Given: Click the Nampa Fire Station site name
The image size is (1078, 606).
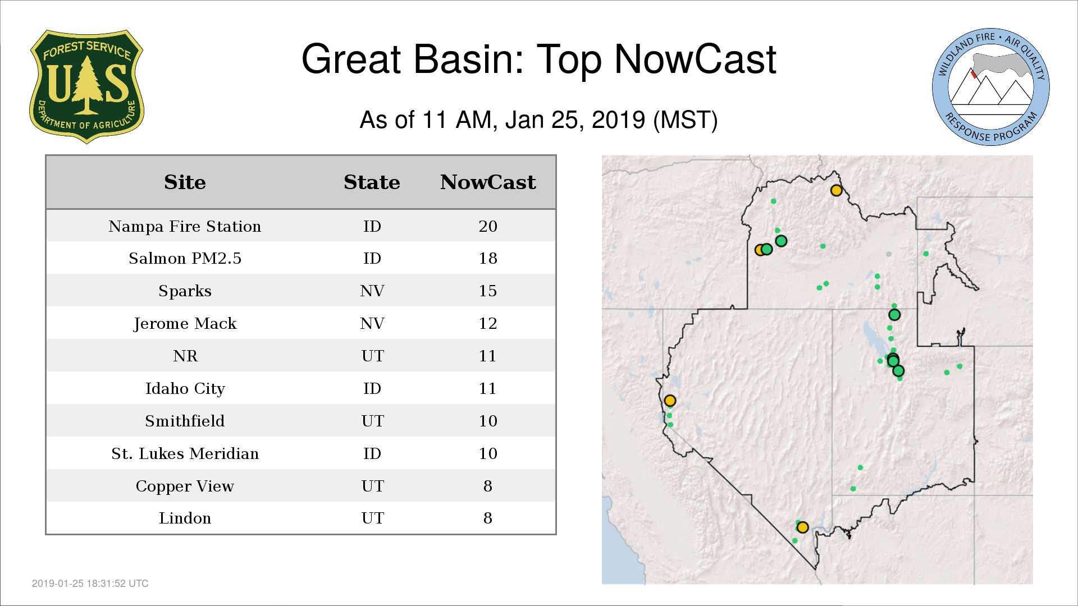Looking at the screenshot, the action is pyautogui.click(x=185, y=226).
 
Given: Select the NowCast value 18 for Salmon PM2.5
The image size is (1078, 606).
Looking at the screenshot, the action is pyautogui.click(x=488, y=258).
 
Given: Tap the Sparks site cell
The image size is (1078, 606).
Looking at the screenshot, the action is pyautogui.click(x=185, y=291).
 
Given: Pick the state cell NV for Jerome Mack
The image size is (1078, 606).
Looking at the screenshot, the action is pyautogui.click(x=372, y=323).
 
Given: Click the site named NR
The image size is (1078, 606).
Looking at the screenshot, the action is pyautogui.click(x=185, y=356).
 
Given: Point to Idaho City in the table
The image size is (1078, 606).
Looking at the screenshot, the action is pyautogui.click(x=185, y=388).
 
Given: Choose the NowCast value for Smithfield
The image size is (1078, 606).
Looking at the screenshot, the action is pyautogui.click(x=488, y=421).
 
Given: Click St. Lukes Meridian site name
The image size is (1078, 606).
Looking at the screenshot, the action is pyautogui.click(x=185, y=453).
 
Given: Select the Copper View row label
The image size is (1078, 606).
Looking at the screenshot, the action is pyautogui.click(x=185, y=486).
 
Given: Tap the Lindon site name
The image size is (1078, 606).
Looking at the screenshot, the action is pyautogui.click(x=185, y=518).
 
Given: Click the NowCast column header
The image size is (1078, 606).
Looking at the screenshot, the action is pyautogui.click(x=488, y=182).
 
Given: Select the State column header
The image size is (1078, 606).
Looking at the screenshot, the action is pyautogui.click(x=372, y=182).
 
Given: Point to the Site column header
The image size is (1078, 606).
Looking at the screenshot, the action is pyautogui.click(x=185, y=182).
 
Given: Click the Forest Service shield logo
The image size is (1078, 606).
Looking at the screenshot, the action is pyautogui.click(x=86, y=86).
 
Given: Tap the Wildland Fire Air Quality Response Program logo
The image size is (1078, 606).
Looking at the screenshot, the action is pyautogui.click(x=991, y=87).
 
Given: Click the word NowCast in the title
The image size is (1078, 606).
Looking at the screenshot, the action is pyautogui.click(x=695, y=59).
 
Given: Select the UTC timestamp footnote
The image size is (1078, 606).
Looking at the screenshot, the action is pyautogui.click(x=90, y=584).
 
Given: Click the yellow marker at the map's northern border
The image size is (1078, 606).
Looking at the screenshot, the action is pyautogui.click(x=836, y=190).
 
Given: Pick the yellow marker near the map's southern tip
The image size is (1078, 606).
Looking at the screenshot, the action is pyautogui.click(x=802, y=527).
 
